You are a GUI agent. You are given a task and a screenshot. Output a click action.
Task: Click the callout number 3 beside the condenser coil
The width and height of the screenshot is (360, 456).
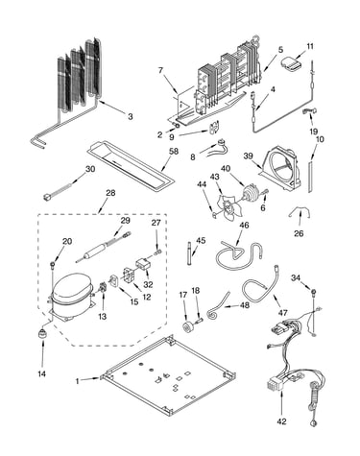point(130,116)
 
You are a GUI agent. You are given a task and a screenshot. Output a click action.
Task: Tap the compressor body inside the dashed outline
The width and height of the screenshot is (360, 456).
point(72,296)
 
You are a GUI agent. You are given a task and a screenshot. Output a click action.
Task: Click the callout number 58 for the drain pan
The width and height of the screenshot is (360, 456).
point(174,152)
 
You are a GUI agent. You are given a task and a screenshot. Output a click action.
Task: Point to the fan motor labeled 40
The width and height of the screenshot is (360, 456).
point(251,193)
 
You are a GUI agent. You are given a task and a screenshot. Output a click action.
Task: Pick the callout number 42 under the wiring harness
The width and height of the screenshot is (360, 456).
point(282,421)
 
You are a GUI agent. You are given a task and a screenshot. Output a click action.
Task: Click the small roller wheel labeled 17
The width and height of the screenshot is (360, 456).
point(186,327)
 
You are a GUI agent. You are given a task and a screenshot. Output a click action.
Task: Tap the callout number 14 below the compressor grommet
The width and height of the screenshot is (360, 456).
point(42,373)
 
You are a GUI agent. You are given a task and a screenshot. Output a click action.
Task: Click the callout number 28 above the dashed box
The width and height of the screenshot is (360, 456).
point(110,193)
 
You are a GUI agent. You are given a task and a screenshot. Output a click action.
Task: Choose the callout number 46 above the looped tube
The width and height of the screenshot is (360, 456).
point(244,225)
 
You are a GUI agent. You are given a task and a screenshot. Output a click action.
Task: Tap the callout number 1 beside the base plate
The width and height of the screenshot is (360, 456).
point(77,381)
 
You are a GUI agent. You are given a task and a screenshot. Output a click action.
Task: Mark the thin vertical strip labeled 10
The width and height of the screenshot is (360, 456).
point(310,177)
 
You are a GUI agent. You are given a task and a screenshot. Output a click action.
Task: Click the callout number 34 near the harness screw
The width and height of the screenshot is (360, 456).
point(296,278)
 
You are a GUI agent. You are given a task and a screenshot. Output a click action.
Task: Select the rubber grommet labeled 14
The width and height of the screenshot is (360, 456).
point(42,333)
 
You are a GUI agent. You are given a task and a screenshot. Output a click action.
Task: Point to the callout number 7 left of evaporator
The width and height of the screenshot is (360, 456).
point(160,70)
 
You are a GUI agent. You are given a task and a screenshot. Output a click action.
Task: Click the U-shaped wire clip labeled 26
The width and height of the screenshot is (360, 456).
point(300,212)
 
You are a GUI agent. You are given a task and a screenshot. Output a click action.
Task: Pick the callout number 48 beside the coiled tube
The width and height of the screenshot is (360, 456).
point(245,305)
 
